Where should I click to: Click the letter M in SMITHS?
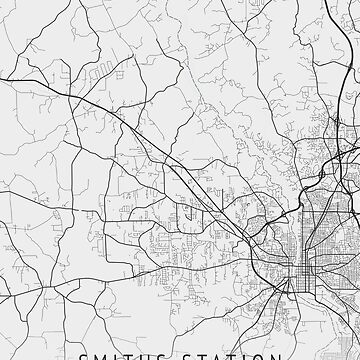[96, 355]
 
